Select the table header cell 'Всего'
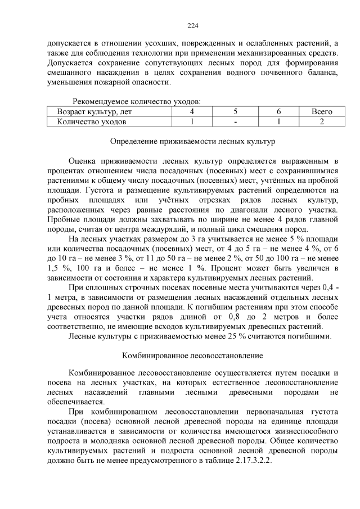pyautogui.click(x=322, y=111)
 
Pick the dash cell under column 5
pyautogui.click(x=236, y=121)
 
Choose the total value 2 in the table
pyautogui.click(x=322, y=121)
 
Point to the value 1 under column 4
pyautogui.click(x=192, y=121)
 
